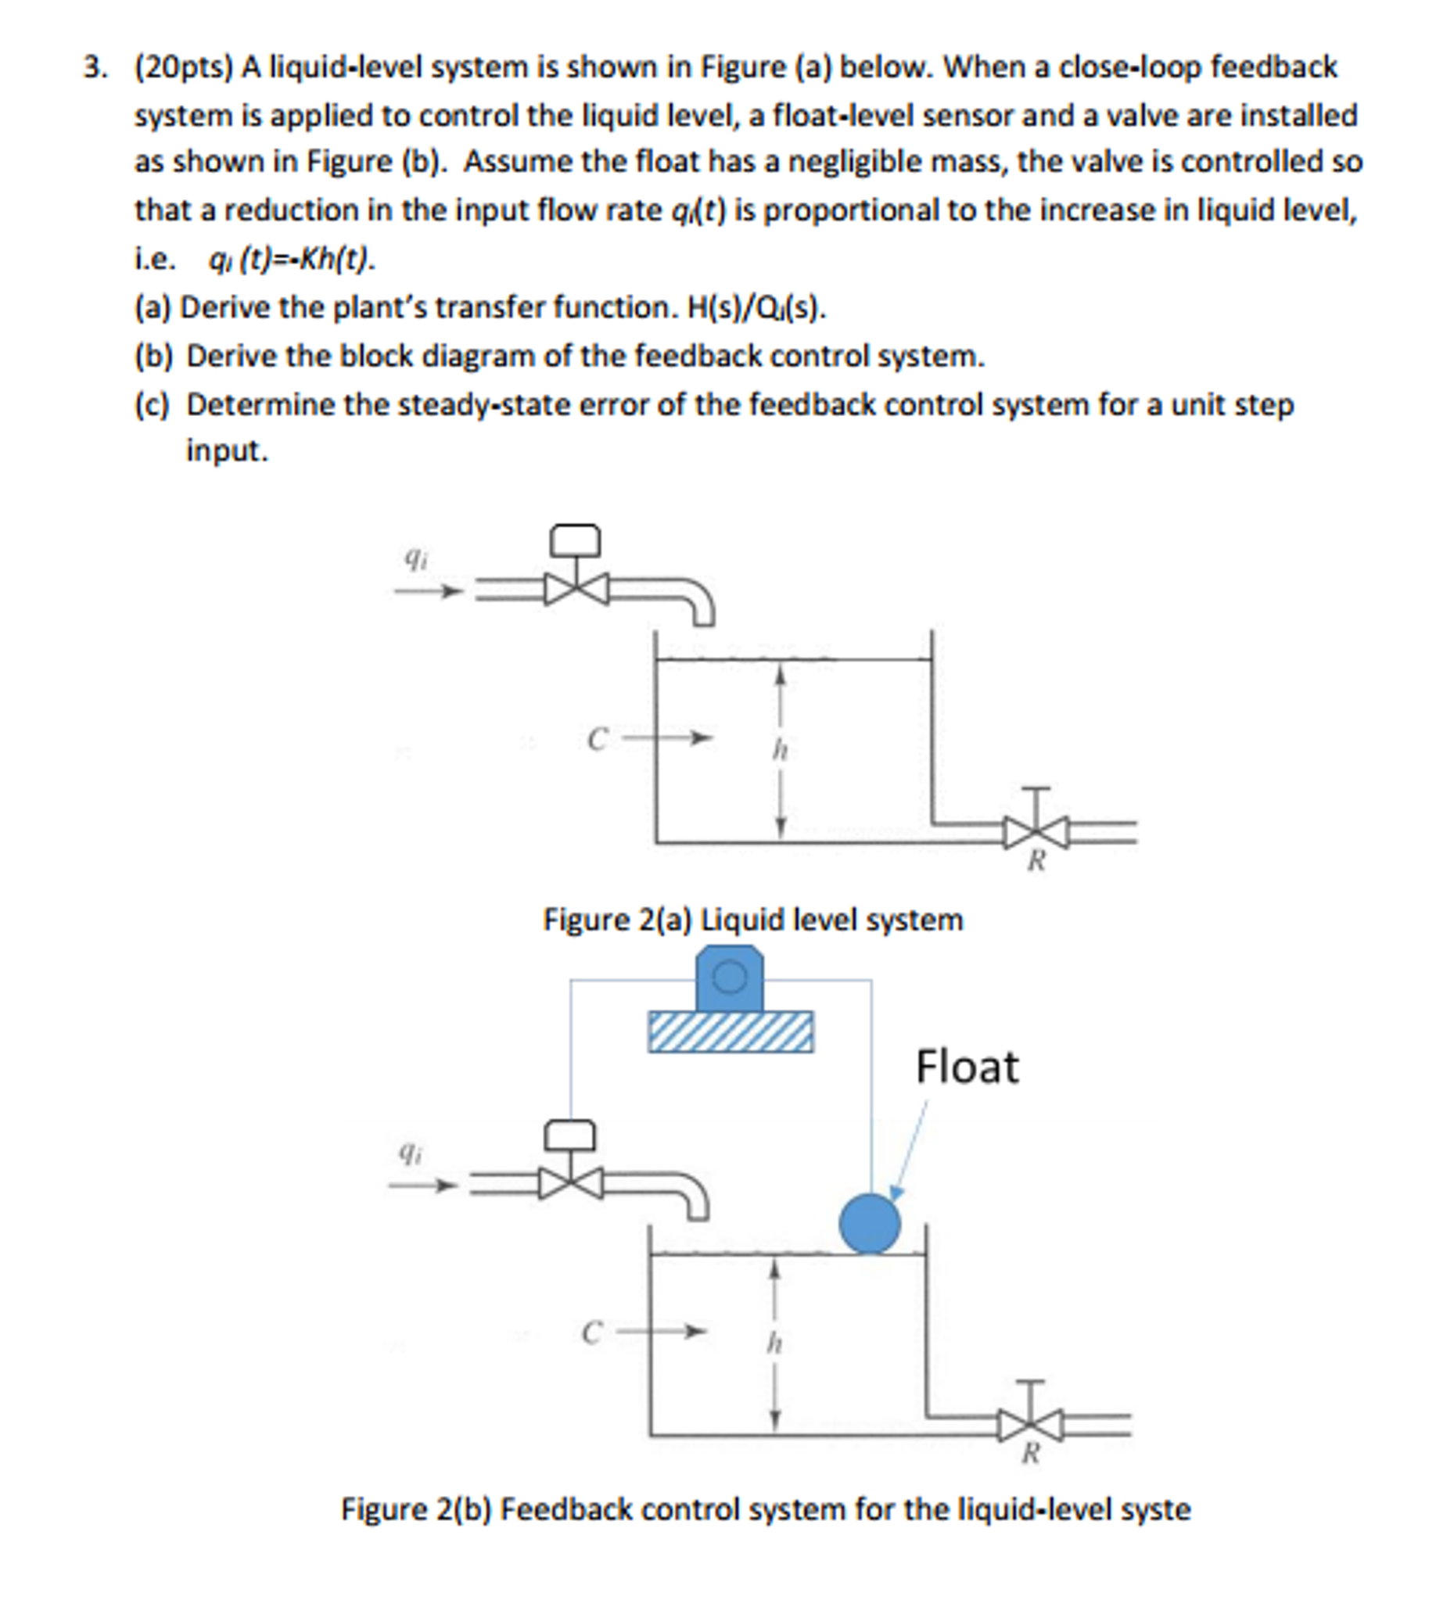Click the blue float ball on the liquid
[869, 1224]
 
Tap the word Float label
[966, 1067]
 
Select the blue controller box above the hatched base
[730, 978]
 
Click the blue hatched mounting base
[731, 1031]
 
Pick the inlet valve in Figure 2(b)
[570, 1183]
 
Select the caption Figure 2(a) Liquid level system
[752, 920]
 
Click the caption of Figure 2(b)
[765, 1509]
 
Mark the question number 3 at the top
[95, 67]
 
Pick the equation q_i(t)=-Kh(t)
[290, 260]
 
